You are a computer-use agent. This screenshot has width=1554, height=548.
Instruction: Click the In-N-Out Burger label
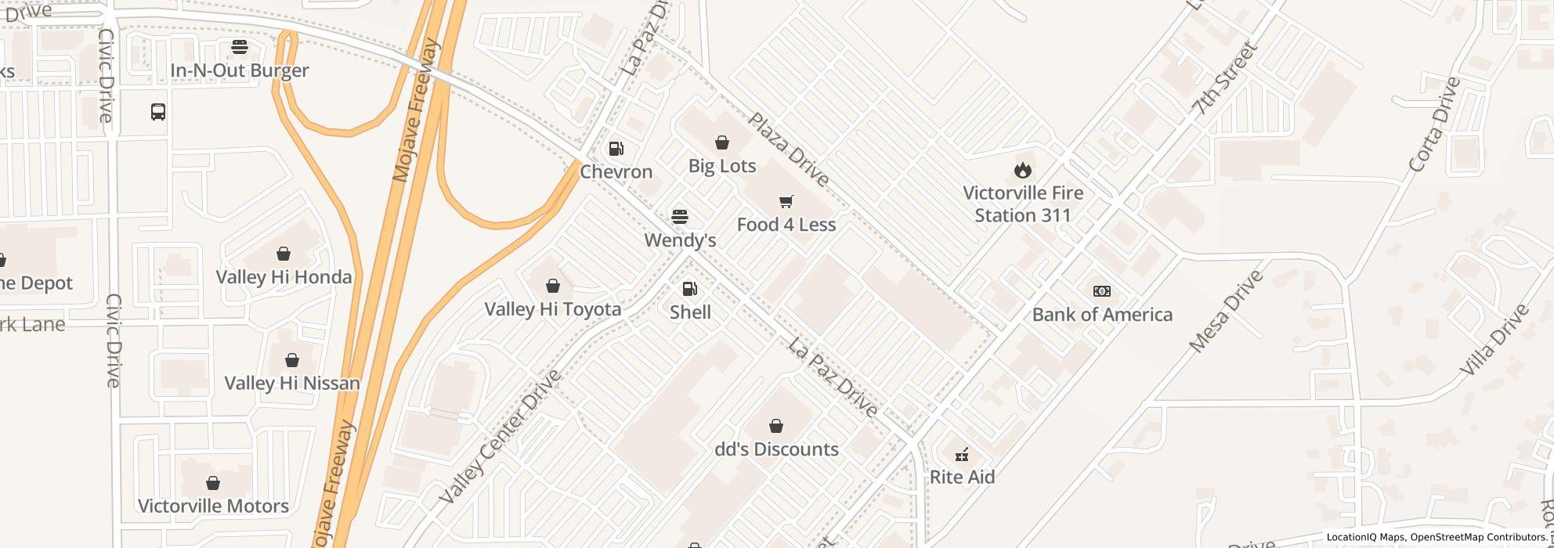240,70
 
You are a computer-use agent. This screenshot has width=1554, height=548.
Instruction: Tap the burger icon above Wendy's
680,216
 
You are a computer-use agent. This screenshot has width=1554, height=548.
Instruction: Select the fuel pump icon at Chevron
616,149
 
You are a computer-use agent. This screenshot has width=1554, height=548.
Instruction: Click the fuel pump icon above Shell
690,290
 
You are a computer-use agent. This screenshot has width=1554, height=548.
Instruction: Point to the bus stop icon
158,112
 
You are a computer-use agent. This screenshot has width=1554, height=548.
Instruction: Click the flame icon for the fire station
1022,170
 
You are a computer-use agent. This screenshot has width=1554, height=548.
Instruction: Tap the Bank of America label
1102,315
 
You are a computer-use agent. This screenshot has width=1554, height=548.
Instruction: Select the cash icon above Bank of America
1101,291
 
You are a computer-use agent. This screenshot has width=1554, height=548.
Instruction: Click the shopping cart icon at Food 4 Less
786,202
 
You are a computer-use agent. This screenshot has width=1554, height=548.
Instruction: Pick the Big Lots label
722,166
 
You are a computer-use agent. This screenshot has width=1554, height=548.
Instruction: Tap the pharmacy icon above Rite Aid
962,454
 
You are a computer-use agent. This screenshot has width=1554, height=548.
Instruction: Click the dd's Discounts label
776,449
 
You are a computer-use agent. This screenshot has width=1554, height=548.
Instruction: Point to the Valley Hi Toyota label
553,309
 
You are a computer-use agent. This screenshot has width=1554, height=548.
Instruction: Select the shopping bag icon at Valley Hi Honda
284,254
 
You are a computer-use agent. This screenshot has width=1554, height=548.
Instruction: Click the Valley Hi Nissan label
292,383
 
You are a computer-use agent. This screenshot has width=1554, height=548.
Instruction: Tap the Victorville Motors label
213,507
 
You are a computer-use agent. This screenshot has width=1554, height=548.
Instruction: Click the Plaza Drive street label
788,150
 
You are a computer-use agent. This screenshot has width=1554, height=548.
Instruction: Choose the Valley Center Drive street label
501,436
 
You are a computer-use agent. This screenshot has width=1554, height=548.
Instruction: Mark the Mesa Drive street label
1226,312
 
